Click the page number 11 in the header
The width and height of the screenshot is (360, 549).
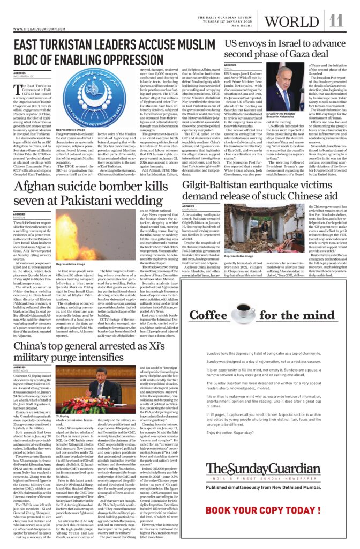336,21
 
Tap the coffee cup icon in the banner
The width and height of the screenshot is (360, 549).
238,315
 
